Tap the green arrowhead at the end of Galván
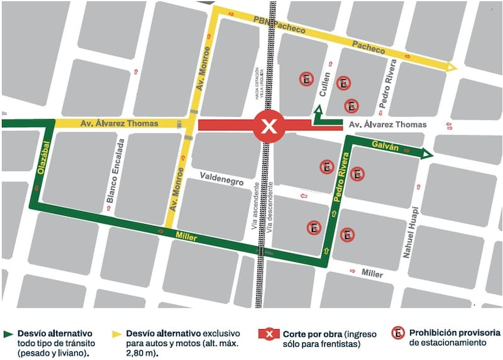tap(427, 154)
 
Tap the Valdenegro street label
tap(221, 181)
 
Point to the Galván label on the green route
tap(385, 146)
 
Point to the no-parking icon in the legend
tap(397, 334)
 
